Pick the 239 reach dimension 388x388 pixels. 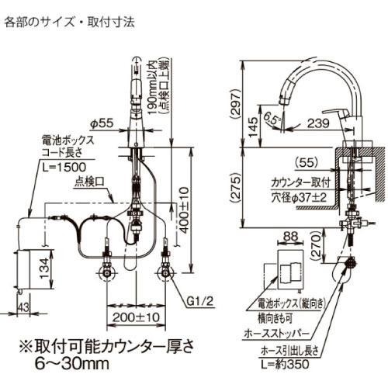click(x=317, y=121)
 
